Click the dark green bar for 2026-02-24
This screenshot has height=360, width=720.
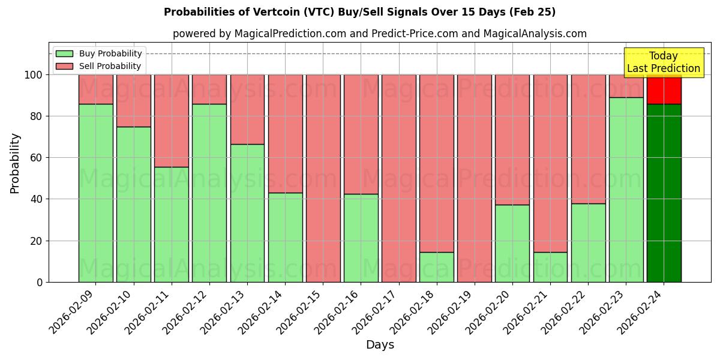[664, 193]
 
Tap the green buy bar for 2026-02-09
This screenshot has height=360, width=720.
[95, 193]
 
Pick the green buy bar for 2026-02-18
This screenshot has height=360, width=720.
[437, 267]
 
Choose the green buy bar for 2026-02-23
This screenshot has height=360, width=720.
[626, 190]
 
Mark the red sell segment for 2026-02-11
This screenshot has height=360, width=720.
[171, 121]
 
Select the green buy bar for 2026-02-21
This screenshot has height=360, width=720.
[550, 267]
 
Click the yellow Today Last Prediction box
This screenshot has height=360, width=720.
[663, 62]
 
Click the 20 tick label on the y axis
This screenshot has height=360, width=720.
[37, 241]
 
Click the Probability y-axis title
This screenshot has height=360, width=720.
[15, 163]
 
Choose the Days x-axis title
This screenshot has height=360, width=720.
[380, 345]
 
